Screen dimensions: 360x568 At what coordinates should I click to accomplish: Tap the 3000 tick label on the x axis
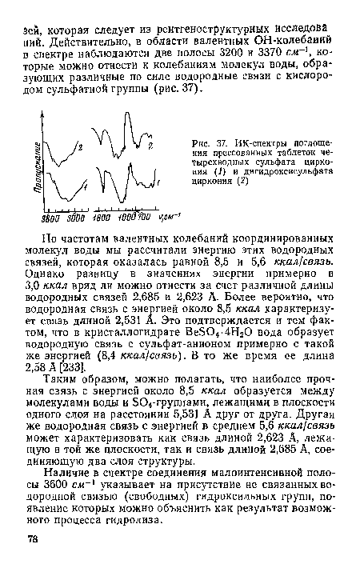point(75,216)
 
